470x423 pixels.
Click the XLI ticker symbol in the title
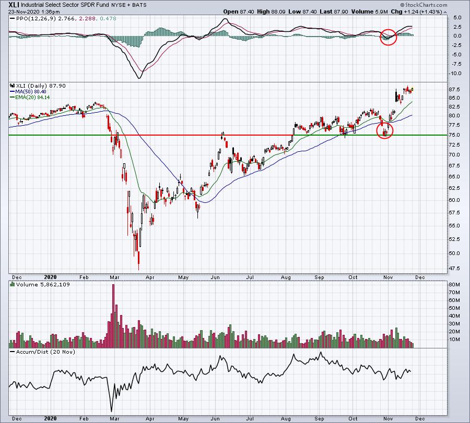click(x=14, y=5)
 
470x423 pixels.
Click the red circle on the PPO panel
click(x=388, y=37)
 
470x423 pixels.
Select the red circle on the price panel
click(x=384, y=130)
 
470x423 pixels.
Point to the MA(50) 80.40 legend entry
click(x=29, y=92)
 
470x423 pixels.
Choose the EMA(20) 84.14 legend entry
click(x=30, y=98)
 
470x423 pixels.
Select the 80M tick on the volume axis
click(x=454, y=285)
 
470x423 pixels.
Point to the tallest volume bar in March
click(x=113, y=316)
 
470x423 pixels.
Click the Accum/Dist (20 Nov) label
click(x=45, y=352)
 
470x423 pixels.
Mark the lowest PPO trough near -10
click(x=139, y=78)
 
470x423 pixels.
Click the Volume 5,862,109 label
click(x=43, y=285)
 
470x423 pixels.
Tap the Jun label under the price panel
click(x=215, y=277)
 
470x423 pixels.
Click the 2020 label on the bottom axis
click(x=50, y=418)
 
